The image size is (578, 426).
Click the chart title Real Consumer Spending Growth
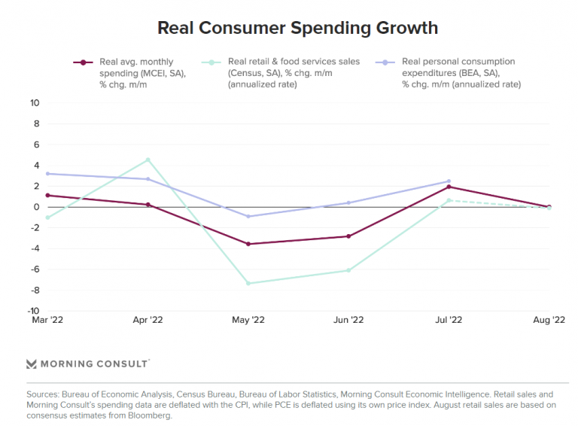coord(297,29)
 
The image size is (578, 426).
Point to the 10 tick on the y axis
coord(35,102)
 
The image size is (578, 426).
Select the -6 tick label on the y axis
coord(35,269)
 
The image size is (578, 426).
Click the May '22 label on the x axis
coord(248,320)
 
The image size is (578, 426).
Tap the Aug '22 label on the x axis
coord(549,320)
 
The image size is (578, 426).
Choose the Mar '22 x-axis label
coord(47,320)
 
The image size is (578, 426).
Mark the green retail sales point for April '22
coord(148,160)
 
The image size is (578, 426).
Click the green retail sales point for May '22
coord(248,283)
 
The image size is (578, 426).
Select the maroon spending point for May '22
coord(248,244)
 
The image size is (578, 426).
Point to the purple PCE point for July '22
coord(449,181)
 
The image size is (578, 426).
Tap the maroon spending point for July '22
coord(449,187)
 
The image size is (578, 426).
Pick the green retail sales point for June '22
coord(348,270)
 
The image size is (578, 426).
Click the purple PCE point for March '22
coord(47,174)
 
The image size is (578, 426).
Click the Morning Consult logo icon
coord(31,364)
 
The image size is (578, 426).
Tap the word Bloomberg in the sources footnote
coord(151,415)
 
